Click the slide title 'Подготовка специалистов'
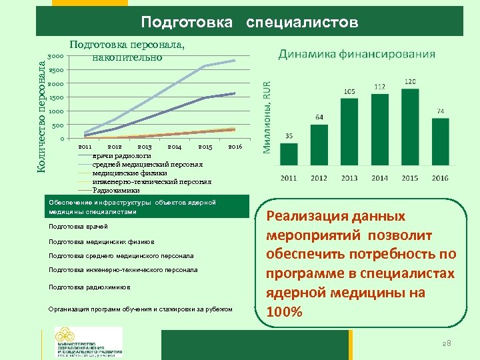click(x=249, y=23)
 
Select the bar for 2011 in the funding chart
click(x=289, y=156)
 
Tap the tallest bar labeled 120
click(x=410, y=129)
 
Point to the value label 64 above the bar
click(x=319, y=117)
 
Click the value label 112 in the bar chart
click(x=379, y=87)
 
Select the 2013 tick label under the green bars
click(x=349, y=178)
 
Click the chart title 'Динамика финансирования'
click(x=357, y=54)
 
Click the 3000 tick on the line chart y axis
click(x=56, y=57)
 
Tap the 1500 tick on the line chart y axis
click(x=56, y=98)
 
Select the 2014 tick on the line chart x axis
click(x=175, y=146)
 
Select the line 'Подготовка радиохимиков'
click(x=89, y=287)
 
